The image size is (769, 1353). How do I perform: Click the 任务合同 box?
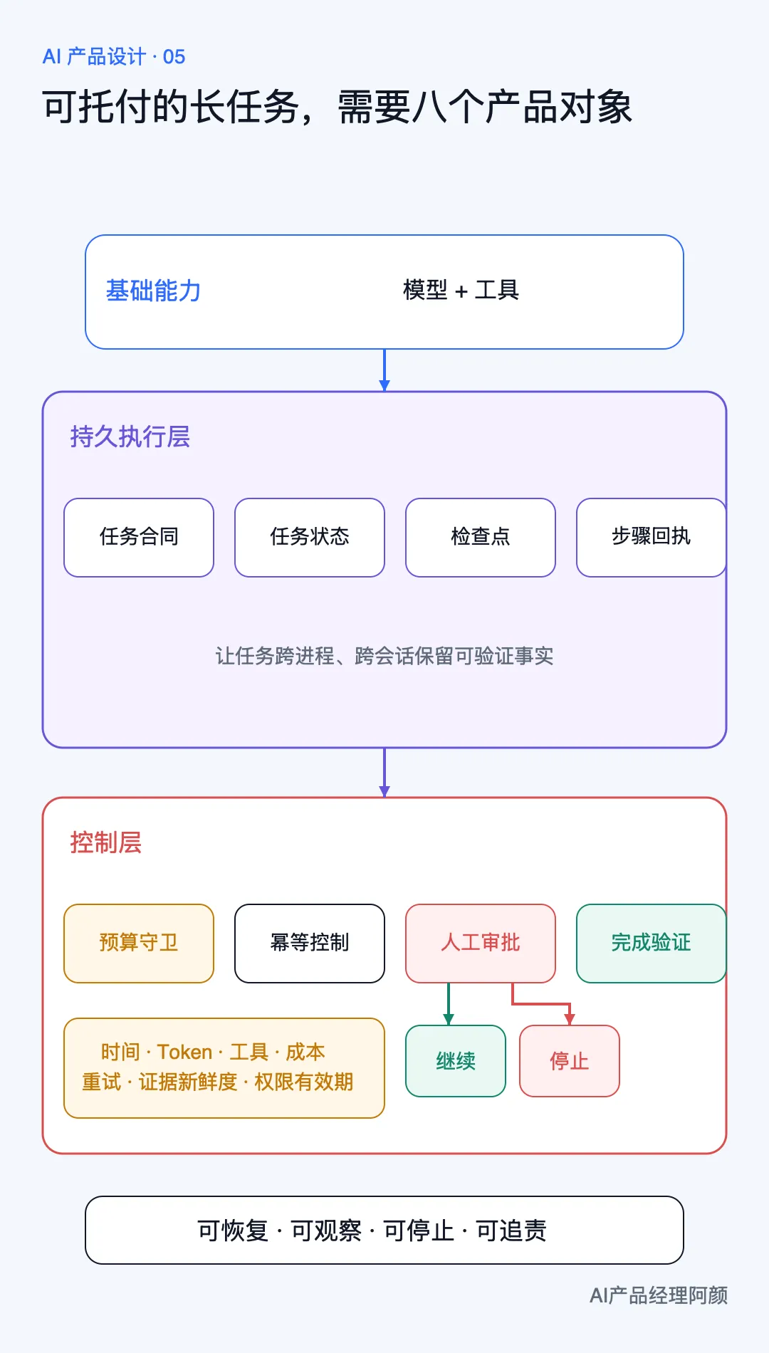coord(139,538)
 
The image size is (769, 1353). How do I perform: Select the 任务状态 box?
coord(310,538)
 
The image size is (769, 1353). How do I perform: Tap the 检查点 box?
coord(481,538)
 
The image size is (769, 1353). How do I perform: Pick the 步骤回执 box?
coord(652,538)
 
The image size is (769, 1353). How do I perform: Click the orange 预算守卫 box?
coord(139,944)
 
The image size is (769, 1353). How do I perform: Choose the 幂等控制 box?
coord(310,944)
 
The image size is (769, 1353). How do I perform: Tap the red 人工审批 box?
coord(481,944)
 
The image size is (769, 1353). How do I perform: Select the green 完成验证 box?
coord(652,944)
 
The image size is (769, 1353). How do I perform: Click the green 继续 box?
coord(456,1061)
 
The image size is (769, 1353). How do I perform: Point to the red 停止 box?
coord(570,1061)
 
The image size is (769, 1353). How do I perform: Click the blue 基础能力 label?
coord(153,291)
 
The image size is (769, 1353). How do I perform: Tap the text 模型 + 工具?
coord(461,290)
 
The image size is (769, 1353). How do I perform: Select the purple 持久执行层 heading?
coord(130,437)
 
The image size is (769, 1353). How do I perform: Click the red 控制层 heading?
coord(106,842)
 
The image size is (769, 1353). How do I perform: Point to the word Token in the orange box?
coord(184,1052)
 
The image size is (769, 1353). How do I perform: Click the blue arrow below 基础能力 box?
coord(384,370)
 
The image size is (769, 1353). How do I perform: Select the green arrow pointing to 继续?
coord(449,1004)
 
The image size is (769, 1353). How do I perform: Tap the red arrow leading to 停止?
coord(541,1004)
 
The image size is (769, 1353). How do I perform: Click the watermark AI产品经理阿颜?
coord(659,1295)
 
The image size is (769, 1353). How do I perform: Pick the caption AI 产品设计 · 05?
coord(114,57)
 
